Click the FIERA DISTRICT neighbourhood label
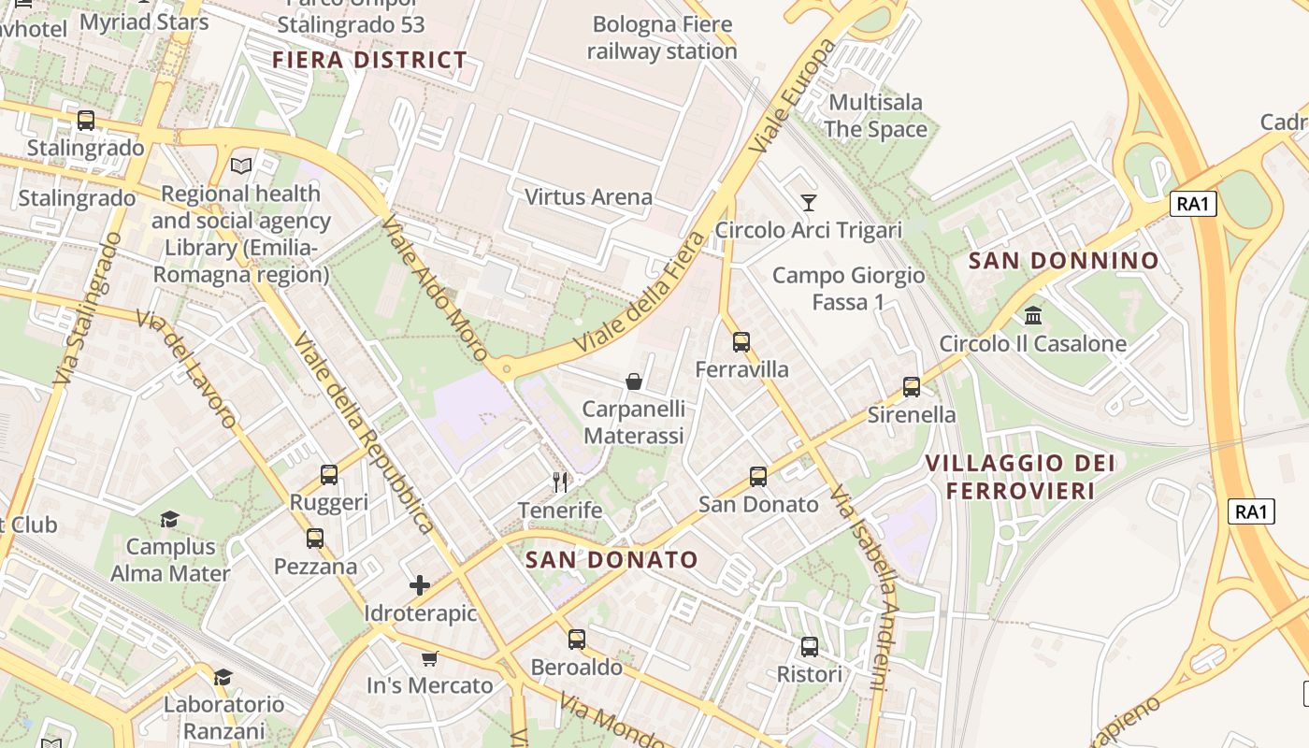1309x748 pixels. [x=369, y=61]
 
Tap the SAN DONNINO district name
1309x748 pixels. [x=1064, y=261]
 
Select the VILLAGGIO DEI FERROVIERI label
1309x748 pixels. [x=1019, y=477]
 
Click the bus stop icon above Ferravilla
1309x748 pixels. [x=741, y=342]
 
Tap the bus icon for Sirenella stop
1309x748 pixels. [x=912, y=387]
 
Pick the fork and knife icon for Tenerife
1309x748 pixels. [x=560, y=482]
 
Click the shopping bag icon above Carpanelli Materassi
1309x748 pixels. [x=634, y=381]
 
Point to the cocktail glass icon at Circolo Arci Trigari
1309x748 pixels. [x=809, y=203]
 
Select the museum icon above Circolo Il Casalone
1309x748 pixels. [x=1033, y=316]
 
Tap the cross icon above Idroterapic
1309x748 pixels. [x=420, y=585]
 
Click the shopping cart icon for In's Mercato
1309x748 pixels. [x=429, y=658]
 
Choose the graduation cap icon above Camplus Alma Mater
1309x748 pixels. [x=169, y=519]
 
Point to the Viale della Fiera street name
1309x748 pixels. [x=640, y=292]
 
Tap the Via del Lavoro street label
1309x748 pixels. [x=186, y=368]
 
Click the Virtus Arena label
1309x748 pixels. [x=588, y=197]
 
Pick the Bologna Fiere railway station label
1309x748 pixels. [x=662, y=37]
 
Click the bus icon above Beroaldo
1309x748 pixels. [x=577, y=640]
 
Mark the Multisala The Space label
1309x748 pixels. [x=876, y=116]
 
